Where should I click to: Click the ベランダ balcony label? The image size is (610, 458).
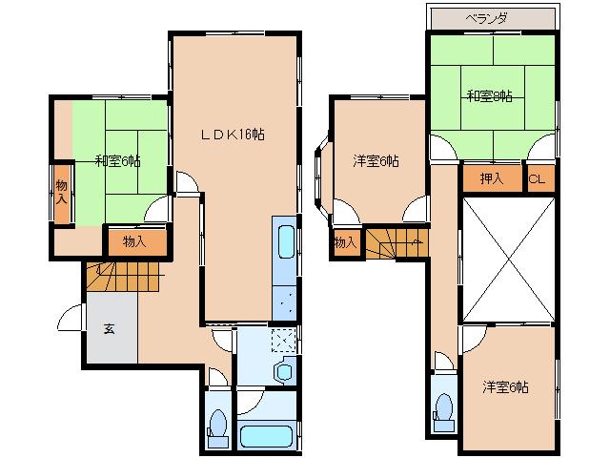[492, 18]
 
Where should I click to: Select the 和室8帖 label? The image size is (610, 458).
[490, 95]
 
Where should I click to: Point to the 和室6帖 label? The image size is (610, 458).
[117, 160]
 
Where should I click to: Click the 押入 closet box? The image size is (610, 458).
[492, 178]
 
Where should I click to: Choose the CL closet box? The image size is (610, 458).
[539, 178]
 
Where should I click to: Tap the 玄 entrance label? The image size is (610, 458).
[109, 329]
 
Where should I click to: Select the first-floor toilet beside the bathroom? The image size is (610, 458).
[217, 427]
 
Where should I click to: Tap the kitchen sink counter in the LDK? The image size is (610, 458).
[286, 267]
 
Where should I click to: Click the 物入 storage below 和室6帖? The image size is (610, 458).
[134, 241]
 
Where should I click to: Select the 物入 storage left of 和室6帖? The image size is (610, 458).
[62, 191]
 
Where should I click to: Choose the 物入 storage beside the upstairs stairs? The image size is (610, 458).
[344, 243]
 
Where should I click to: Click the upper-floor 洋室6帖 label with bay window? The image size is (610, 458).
[376, 161]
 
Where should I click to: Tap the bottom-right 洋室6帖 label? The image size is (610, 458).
[505, 386]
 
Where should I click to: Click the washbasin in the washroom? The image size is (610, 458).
[284, 370]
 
